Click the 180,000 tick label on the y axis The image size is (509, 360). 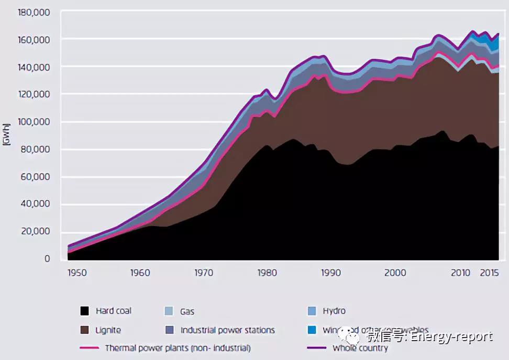(x=34, y=12)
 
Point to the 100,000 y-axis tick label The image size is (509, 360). (x=34, y=121)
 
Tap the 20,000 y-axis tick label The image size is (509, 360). (x=36, y=231)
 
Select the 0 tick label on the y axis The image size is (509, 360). (x=47, y=258)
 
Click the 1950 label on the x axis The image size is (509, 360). (x=77, y=273)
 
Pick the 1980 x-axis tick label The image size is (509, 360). (x=267, y=273)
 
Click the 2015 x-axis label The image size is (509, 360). (x=489, y=273)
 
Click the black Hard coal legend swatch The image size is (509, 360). (x=84, y=311)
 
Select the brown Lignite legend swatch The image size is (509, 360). (x=84, y=330)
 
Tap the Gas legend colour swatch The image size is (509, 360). (x=168, y=311)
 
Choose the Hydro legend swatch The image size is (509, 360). (x=312, y=311)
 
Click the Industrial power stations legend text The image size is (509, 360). (x=227, y=330)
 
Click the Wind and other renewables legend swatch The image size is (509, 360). (x=312, y=330)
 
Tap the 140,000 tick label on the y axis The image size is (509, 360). (x=34, y=66)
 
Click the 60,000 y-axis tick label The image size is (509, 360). (x=36, y=176)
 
